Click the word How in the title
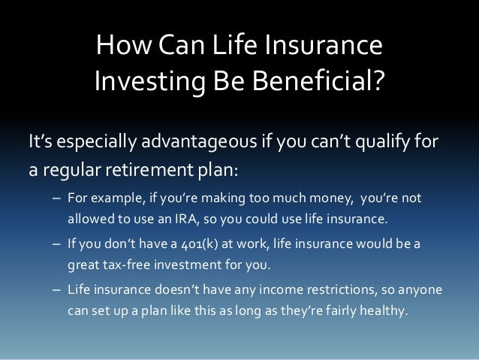coord(124,44)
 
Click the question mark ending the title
coord(377,80)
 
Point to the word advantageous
coord(199,141)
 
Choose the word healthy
coord(384,310)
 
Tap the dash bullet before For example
coord(57,198)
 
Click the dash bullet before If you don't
coord(57,244)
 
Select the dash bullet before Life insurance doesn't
coord(57,290)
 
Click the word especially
coord(97,142)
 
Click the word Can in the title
coord(182,44)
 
